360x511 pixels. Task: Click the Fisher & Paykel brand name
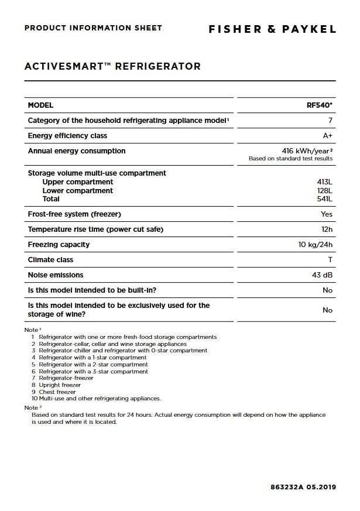[272, 29]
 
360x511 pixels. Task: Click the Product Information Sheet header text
[93, 28]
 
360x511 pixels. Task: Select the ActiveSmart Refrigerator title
[112, 66]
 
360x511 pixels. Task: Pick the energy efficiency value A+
[328, 136]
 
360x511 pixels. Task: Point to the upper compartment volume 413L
[324, 182]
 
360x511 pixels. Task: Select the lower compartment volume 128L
[324, 191]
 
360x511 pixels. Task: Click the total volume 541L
[324, 199]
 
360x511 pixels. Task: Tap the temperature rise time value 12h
[327, 229]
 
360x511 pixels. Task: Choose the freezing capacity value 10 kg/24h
[315, 245]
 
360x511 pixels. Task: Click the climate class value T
[330, 260]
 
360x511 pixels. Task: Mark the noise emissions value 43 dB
[322, 275]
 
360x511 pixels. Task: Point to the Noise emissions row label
[56, 275]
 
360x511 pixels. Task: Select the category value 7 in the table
[330, 121]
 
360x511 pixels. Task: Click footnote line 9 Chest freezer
[57, 392]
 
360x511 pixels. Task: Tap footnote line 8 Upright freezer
[59, 385]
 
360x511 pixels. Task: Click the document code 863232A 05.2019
[303, 487]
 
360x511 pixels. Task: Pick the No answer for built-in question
[327, 290]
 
